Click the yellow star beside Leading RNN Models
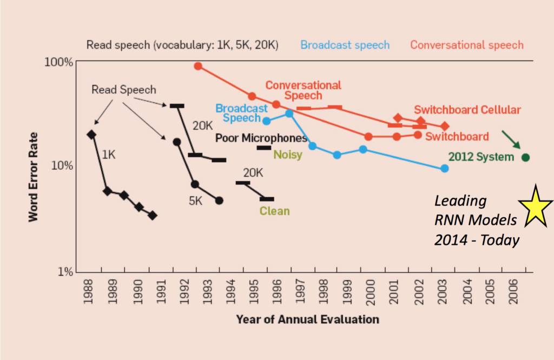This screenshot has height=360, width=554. tap(535, 205)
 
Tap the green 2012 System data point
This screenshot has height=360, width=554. tap(525, 157)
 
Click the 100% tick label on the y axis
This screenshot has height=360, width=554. tap(58, 62)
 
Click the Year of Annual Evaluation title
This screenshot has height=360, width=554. tap(307, 319)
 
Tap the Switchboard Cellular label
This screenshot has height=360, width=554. tap(467, 110)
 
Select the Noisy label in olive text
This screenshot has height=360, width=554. tap(287, 155)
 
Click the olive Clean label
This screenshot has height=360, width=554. tap(274, 211)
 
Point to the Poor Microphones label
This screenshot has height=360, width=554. tap(261, 138)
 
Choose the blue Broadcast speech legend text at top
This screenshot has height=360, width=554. tap(345, 45)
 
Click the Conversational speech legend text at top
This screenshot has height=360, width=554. tap(467, 45)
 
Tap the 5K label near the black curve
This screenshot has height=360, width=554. tap(196, 201)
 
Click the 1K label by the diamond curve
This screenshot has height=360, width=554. tap(109, 155)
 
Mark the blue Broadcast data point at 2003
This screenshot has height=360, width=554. tap(445, 169)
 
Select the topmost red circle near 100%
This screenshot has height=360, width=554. tap(198, 66)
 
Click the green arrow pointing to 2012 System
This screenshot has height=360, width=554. tap(511, 139)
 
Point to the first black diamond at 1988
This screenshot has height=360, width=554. tap(91, 135)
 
